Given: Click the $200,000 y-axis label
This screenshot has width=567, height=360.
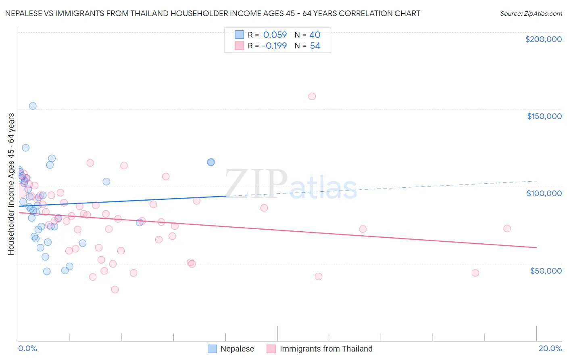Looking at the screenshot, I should click(543, 39).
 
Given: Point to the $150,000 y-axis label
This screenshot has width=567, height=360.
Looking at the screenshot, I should click(544, 116).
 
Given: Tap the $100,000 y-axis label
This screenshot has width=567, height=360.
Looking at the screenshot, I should click(544, 193).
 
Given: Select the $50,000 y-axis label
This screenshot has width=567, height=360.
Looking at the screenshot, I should click(546, 271).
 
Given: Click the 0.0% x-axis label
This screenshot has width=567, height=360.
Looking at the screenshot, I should click(27, 348).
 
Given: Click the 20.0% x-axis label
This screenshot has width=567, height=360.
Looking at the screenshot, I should click(550, 348).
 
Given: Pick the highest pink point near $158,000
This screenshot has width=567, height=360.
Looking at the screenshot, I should click(312, 96).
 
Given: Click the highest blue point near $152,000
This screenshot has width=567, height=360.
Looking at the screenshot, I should click(33, 106).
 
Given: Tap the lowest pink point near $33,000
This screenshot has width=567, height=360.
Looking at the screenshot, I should click(115, 289).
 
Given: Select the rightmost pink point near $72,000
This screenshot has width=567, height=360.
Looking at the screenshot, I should click(507, 228).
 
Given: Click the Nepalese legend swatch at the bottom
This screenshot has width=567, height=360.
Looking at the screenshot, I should click(213, 349).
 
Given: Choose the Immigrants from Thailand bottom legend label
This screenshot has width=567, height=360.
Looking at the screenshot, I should click(326, 349).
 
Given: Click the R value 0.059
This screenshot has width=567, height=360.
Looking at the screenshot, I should click(275, 35).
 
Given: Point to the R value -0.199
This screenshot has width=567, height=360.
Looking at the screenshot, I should click(274, 46).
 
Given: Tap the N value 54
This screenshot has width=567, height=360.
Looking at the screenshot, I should click(315, 46).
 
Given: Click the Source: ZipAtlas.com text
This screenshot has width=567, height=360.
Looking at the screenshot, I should click(531, 14).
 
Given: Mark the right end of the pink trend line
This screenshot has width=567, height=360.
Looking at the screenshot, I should click(536, 247).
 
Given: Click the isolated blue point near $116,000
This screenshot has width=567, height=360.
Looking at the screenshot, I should click(211, 162).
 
